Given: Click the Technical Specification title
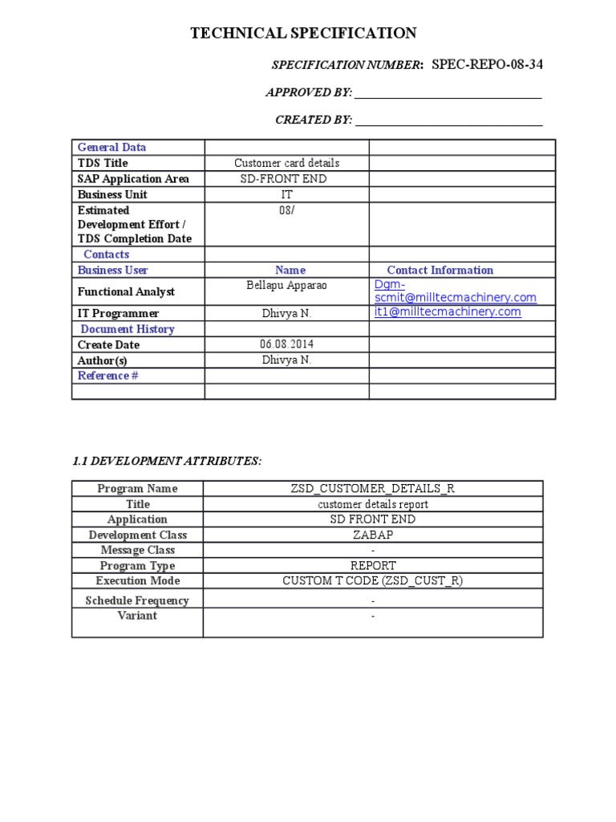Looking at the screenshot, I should click(303, 33).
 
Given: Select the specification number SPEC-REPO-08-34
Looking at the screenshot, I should click(487, 65).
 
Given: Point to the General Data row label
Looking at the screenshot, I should click(111, 148).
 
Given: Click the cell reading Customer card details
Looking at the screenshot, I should click(286, 163).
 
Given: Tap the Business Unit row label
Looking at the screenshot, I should click(112, 194).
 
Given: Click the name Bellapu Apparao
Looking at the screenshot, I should click(286, 286).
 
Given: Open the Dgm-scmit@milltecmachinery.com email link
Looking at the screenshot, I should click(455, 291).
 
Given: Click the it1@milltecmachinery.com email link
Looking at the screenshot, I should click(448, 312).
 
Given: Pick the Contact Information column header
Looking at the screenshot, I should click(440, 271).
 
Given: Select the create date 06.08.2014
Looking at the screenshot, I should click(286, 344).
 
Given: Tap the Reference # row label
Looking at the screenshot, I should click(108, 376).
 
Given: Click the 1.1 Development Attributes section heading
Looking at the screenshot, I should click(167, 461).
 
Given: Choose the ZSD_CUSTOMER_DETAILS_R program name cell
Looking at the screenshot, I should click(372, 489).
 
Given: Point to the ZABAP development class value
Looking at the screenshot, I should click(372, 535).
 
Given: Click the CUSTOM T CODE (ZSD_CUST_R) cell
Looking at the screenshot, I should click(372, 581).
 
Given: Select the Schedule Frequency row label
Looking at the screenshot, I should click(137, 600).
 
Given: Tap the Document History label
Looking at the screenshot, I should click(128, 329).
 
